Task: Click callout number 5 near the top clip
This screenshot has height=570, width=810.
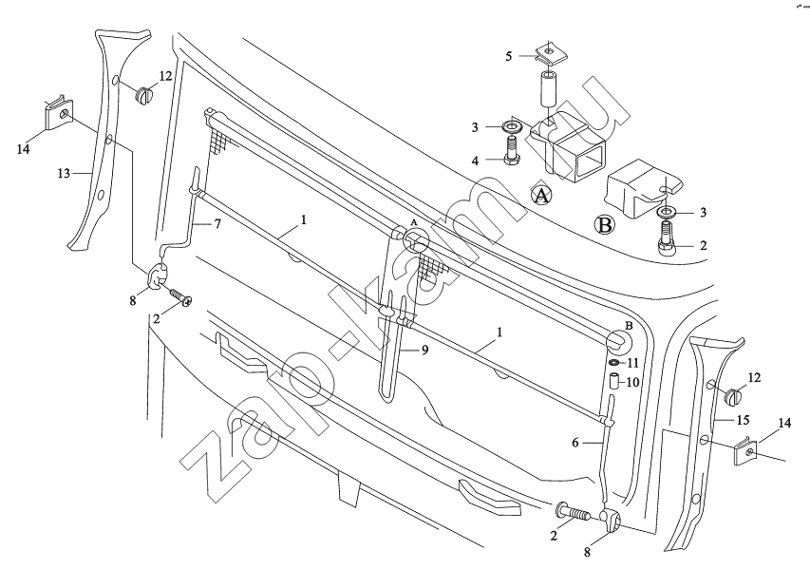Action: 509,57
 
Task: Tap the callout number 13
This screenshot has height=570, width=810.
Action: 64,174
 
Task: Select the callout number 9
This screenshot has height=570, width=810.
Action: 425,350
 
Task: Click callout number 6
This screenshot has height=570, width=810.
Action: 576,441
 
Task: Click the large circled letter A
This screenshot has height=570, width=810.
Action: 540,196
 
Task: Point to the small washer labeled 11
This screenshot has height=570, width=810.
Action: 614,363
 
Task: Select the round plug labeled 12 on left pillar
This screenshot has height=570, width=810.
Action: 145,94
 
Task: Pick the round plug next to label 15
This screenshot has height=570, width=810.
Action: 732,396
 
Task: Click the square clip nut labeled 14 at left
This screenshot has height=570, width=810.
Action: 58,116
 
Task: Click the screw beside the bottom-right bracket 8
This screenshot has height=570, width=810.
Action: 573,514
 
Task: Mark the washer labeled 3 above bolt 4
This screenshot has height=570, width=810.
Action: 513,126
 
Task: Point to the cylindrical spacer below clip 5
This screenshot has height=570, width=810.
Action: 548,91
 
